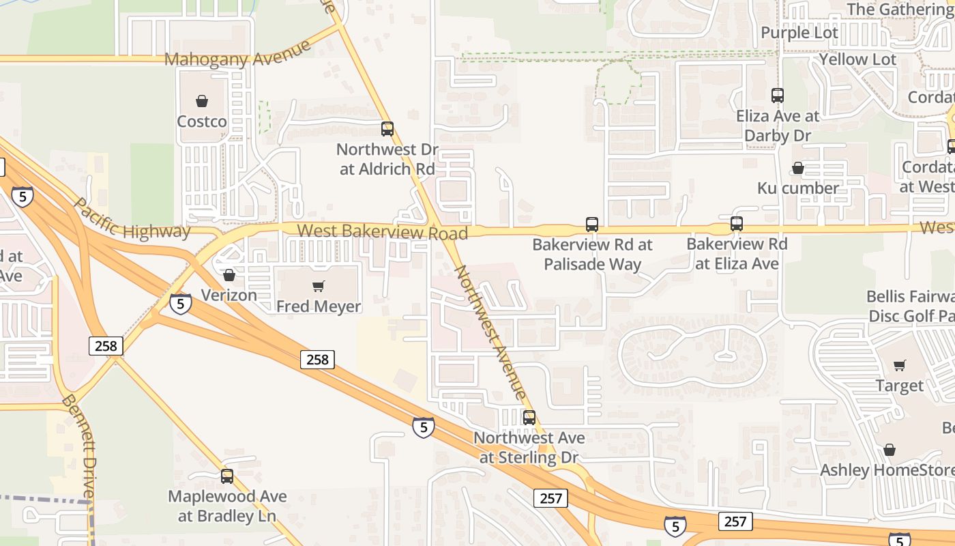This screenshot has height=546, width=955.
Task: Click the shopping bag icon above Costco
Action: pyautogui.click(x=202, y=102)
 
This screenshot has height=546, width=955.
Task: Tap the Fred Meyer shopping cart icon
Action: pyautogui.click(x=318, y=287)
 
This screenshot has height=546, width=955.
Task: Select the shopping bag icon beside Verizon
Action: pyautogui.click(x=229, y=275)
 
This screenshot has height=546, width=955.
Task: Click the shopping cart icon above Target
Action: pyautogui.click(x=900, y=366)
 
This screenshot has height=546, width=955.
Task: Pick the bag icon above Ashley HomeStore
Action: pyautogui.click(x=890, y=450)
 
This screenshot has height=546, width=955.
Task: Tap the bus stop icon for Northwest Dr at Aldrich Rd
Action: pyautogui.click(x=387, y=128)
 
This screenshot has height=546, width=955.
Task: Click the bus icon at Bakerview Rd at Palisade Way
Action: pyautogui.click(x=592, y=224)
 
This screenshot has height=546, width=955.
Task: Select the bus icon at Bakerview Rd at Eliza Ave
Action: pyautogui.click(x=737, y=223)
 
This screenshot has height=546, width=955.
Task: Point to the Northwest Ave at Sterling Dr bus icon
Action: pyautogui.click(x=529, y=417)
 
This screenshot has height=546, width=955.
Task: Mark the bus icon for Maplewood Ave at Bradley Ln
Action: pyautogui.click(x=227, y=476)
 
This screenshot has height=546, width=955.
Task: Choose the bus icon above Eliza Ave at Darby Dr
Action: pyautogui.click(x=778, y=96)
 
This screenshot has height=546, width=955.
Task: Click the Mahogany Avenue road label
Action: pyautogui.click(x=237, y=54)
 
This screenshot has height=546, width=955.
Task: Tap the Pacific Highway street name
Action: pyautogui.click(x=132, y=218)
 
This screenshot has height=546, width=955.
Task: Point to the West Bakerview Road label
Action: pyautogui.click(x=383, y=232)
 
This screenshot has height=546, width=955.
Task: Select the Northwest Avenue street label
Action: pyautogui.click(x=490, y=332)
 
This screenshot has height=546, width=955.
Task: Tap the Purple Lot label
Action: pyautogui.click(x=799, y=33)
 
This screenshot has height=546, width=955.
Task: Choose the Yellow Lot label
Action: pyautogui.click(x=857, y=59)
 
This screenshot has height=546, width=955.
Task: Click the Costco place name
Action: pyautogui.click(x=202, y=121)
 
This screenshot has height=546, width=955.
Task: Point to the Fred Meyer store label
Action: pyautogui.click(x=318, y=306)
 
